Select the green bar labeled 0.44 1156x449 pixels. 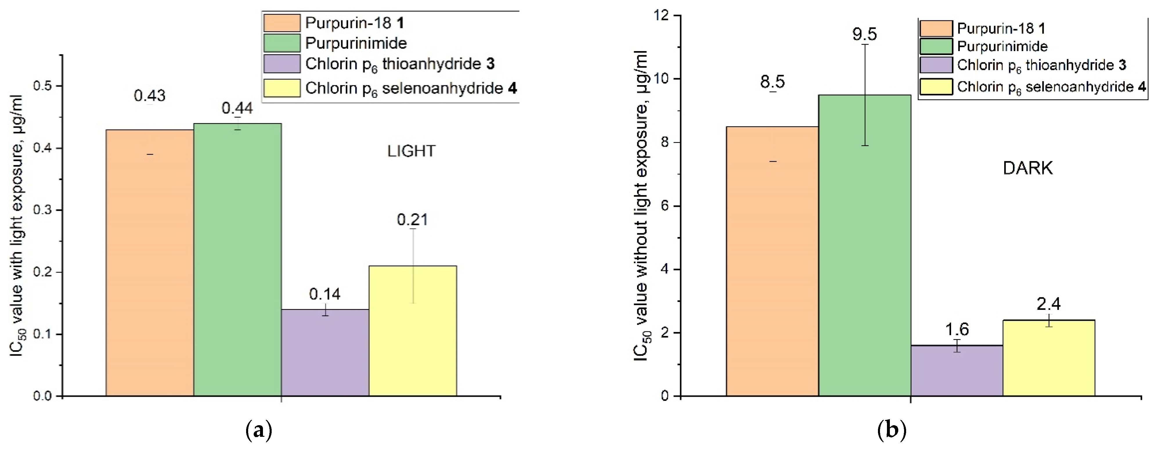[x=237, y=261]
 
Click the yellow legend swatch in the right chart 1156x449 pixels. [x=936, y=87]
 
